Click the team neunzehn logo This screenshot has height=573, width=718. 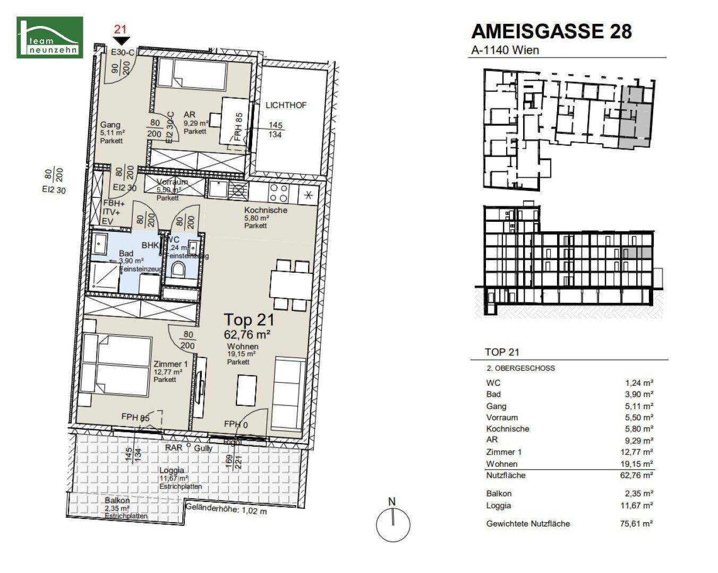(50, 37)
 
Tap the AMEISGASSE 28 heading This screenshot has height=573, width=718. (551, 31)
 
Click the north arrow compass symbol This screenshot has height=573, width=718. (393, 524)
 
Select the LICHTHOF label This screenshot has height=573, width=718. (286, 105)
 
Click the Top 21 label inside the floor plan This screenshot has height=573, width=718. (249, 320)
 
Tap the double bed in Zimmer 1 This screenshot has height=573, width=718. (116, 363)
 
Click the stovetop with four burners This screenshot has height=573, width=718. (279, 192)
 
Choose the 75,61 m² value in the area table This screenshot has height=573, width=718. (636, 524)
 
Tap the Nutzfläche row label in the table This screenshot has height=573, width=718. (506, 475)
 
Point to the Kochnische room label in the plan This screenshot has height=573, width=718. (266, 210)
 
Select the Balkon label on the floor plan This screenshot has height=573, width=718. (117, 500)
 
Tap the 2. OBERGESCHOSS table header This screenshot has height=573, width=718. (520, 368)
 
